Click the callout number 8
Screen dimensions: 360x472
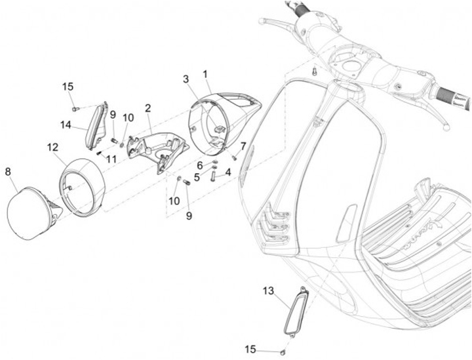(8, 171)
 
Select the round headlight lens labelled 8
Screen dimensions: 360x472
(29, 210)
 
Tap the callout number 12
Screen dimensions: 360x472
(53, 148)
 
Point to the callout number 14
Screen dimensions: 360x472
(66, 124)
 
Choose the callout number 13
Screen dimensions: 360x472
(269, 290)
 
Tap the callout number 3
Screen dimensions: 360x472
(186, 79)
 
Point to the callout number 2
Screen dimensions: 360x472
(148, 108)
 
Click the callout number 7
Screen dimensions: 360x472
(243, 146)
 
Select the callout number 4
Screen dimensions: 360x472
(228, 172)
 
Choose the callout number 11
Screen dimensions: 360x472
(112, 159)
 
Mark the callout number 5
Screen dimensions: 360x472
(197, 176)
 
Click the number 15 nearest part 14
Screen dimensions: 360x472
(68, 87)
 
